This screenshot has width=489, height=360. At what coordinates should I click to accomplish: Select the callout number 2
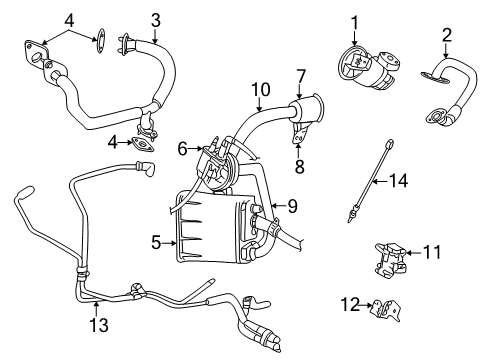[447, 36]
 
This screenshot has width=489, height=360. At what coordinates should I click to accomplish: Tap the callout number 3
[156, 19]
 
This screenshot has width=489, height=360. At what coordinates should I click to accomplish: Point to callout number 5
[156, 241]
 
